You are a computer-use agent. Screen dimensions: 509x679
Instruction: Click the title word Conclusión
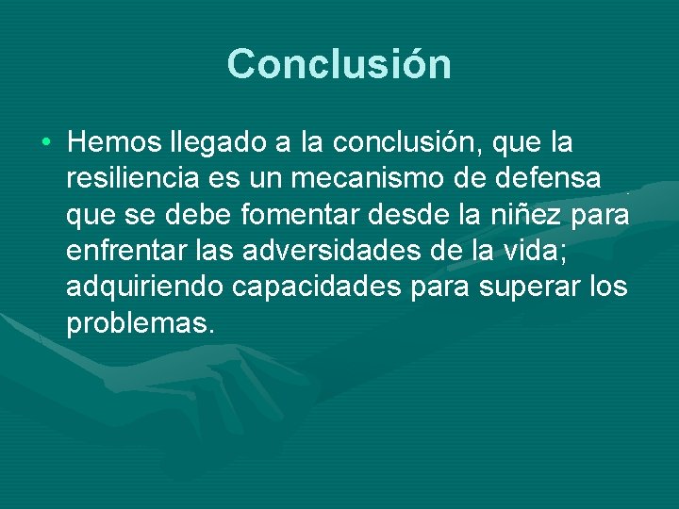point(339,64)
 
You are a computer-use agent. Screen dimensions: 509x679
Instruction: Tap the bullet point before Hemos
point(46,143)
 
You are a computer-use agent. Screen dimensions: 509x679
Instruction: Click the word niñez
point(518,216)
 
